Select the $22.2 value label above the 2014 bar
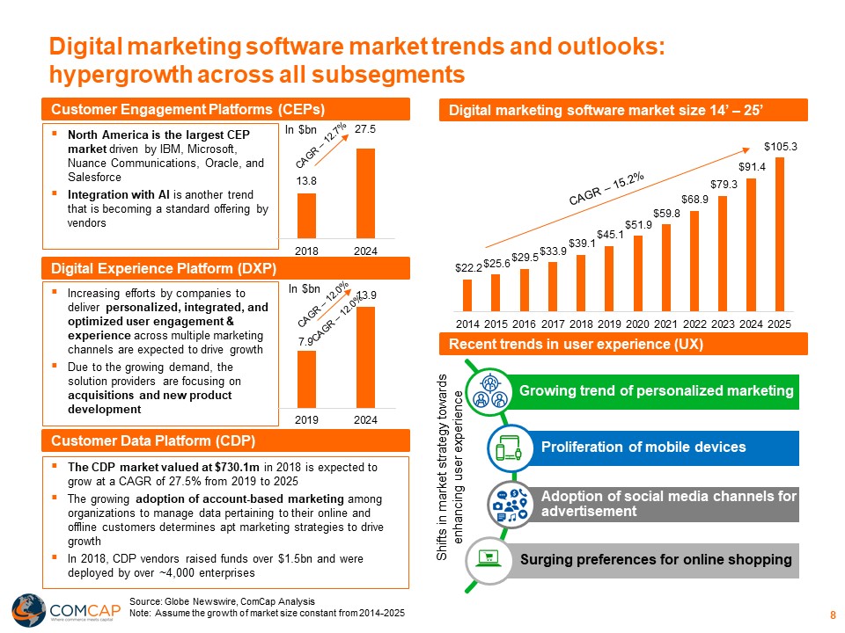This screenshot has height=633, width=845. (x=467, y=267)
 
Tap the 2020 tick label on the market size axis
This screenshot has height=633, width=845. (x=637, y=323)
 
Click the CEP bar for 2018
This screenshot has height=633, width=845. (x=306, y=215)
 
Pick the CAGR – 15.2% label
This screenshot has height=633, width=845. (x=607, y=187)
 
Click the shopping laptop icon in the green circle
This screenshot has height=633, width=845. (x=487, y=557)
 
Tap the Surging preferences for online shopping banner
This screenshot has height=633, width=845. (x=656, y=560)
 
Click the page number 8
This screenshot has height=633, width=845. (x=832, y=615)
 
